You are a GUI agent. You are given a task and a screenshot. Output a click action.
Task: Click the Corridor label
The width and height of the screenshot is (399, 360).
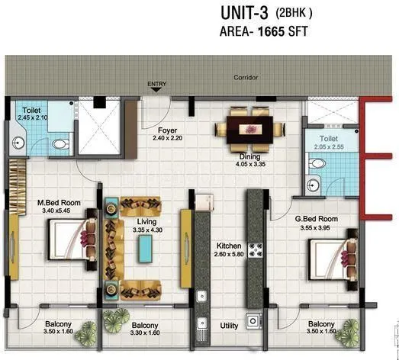246,78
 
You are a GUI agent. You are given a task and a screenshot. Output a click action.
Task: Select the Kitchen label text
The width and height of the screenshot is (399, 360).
228,246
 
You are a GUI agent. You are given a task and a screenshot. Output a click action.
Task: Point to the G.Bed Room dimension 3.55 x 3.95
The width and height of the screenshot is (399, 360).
316,227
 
